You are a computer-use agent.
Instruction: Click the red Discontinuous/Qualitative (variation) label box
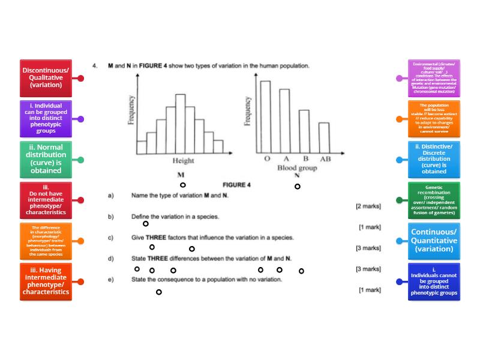[46, 78]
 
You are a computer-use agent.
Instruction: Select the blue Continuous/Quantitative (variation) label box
[434, 240]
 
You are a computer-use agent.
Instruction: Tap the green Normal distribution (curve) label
[46, 159]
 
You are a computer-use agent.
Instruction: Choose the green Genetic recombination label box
[434, 200]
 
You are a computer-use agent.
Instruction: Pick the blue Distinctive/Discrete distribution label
[434, 159]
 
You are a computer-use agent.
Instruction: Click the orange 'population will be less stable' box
[434, 118]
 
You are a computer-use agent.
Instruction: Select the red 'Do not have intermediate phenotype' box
[46, 200]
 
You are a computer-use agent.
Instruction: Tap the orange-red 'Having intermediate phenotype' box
[46, 281]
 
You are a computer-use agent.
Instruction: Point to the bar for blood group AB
[323, 138]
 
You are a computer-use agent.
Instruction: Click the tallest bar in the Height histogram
[180, 124]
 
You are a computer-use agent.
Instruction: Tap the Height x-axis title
[183, 161]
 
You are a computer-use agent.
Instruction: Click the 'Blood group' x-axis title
[297, 169]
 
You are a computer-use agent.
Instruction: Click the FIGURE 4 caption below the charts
[236, 185]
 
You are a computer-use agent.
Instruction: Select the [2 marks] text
[367, 206]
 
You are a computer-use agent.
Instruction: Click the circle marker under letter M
[182, 185]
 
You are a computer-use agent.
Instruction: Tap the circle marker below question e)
[158, 292]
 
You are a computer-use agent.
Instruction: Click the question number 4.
[94, 65]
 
